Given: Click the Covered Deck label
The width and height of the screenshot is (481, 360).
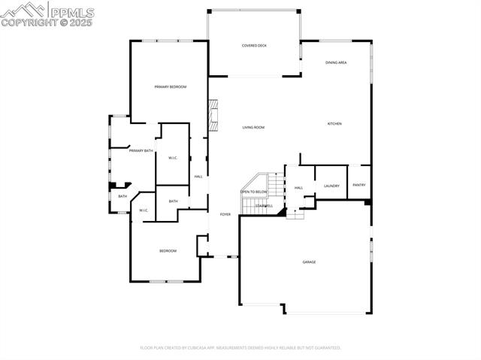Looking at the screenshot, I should [254, 46].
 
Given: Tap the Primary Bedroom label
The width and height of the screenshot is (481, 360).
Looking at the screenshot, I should [171, 87].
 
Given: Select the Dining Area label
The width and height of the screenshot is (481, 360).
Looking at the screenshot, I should [336, 62].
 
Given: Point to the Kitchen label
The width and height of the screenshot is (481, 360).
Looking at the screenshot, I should [334, 123].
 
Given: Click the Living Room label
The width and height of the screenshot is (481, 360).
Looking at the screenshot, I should [253, 127].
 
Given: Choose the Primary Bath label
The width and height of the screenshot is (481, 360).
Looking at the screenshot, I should [141, 151].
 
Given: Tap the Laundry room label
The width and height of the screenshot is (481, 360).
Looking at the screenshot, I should [331, 186].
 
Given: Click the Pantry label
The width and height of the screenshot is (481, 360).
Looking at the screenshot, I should [359, 185].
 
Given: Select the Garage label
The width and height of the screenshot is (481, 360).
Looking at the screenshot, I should [309, 262].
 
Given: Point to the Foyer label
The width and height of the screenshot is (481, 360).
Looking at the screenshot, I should [225, 215].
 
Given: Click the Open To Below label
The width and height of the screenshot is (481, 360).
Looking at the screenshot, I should [254, 192].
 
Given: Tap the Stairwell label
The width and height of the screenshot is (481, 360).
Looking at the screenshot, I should [264, 205].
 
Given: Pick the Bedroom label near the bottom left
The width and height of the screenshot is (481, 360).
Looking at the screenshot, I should [168, 250].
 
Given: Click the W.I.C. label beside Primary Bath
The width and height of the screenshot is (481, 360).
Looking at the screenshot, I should [173, 158].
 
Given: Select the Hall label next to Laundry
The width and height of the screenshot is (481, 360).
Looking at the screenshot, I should [298, 188].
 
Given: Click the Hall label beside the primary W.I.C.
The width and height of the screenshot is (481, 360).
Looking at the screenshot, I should [198, 177].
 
